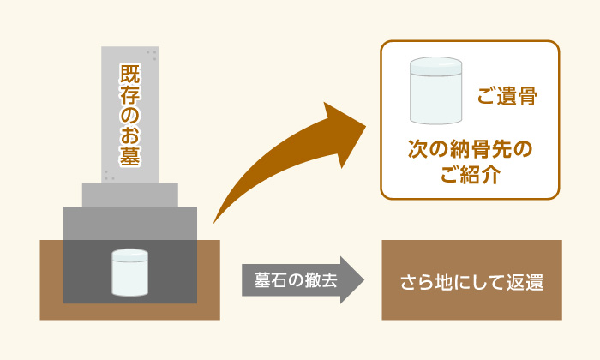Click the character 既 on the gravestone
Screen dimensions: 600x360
[130, 74]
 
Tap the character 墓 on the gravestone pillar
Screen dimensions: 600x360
[130, 156]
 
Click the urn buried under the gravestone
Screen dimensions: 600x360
[129, 273]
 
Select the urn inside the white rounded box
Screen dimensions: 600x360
[435, 91]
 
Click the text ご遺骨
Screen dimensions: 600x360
[507, 96]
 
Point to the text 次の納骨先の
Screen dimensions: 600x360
[470, 149]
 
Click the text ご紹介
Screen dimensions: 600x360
[471, 175]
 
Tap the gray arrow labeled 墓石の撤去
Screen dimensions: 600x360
[303, 280]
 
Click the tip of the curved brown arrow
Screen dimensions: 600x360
[366, 126]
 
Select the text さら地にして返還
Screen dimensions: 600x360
[471, 282]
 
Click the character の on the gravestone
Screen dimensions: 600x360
[130, 114]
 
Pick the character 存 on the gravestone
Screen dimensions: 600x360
[130, 94]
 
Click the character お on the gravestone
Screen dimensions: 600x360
[130, 135]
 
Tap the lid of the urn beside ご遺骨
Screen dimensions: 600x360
[435, 66]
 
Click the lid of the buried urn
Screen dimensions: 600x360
[129, 255]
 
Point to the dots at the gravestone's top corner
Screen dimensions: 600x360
[152, 56]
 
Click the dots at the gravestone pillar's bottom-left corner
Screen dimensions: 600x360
[109, 176]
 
